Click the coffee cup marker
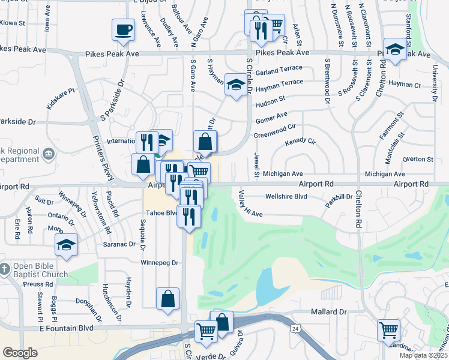point(123,29)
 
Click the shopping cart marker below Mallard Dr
point(388,330)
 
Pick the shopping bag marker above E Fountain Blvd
point(167,299)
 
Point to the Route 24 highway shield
point(295,329)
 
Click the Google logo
point(20,353)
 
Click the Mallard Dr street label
point(329,312)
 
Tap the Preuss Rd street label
point(40,284)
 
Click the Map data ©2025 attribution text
point(423,355)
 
